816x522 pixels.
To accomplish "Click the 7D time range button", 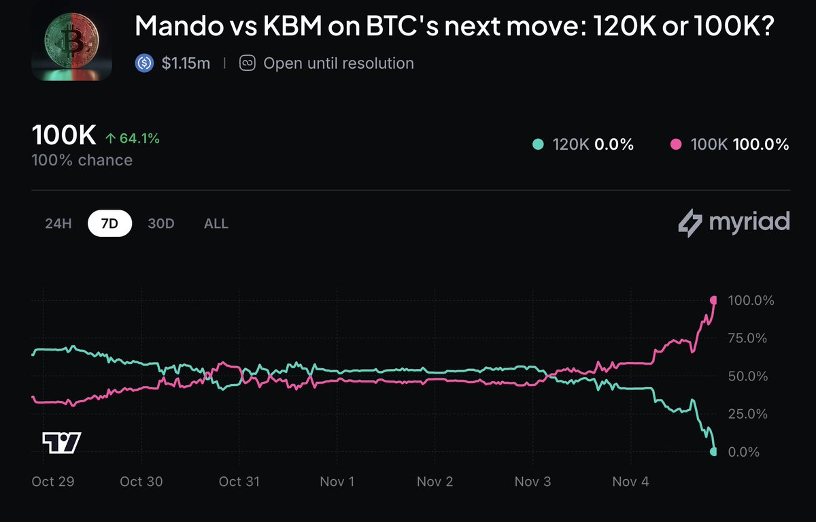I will [x=109, y=224].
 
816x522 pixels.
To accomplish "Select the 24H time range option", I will [x=58, y=224].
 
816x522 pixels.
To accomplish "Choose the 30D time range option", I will [x=161, y=224].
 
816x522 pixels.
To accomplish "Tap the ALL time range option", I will [x=216, y=224].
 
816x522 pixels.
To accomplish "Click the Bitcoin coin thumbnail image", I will [x=72, y=40].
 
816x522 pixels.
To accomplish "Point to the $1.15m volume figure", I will [x=186, y=63].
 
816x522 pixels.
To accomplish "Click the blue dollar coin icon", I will [x=144, y=63].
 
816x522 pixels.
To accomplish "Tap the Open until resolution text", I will [x=338, y=63].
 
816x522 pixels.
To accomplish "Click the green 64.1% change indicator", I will [x=133, y=139].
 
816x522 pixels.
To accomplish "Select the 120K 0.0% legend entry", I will [x=583, y=144].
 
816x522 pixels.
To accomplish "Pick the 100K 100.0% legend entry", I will [x=729, y=144].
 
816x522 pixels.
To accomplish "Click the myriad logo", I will [x=734, y=223].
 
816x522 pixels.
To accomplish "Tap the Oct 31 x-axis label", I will [x=239, y=482].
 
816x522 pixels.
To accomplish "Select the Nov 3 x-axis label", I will [x=533, y=482].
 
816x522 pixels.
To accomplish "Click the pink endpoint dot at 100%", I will [x=714, y=300].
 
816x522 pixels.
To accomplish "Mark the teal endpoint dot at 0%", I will [x=713, y=451].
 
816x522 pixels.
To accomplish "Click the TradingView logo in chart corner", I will [x=61, y=442].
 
